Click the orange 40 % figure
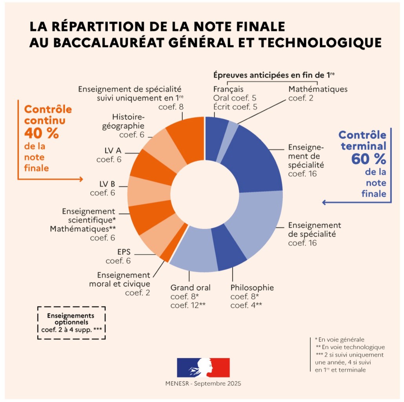point(42,133)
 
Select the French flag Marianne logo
point(203,367)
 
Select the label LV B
point(106,183)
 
